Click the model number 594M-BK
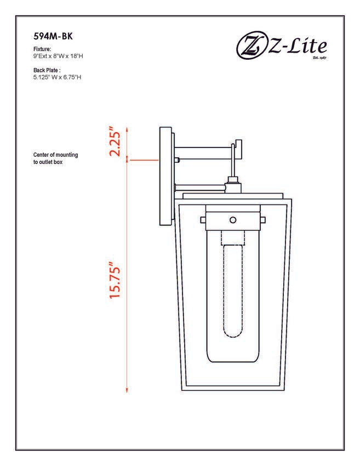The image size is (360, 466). point(53,36)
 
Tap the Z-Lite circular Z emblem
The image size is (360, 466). point(251,47)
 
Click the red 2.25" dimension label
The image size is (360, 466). point(115,141)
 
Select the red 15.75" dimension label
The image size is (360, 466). point(115,280)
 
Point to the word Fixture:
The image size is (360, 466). point(42,49)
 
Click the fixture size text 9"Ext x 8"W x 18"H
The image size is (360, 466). point(58,56)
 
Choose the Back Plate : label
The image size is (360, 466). point(47,70)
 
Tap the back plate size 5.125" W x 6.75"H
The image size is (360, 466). point(58,77)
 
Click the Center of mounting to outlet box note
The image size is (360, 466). point(55,158)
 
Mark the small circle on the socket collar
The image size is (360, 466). point(233,220)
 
